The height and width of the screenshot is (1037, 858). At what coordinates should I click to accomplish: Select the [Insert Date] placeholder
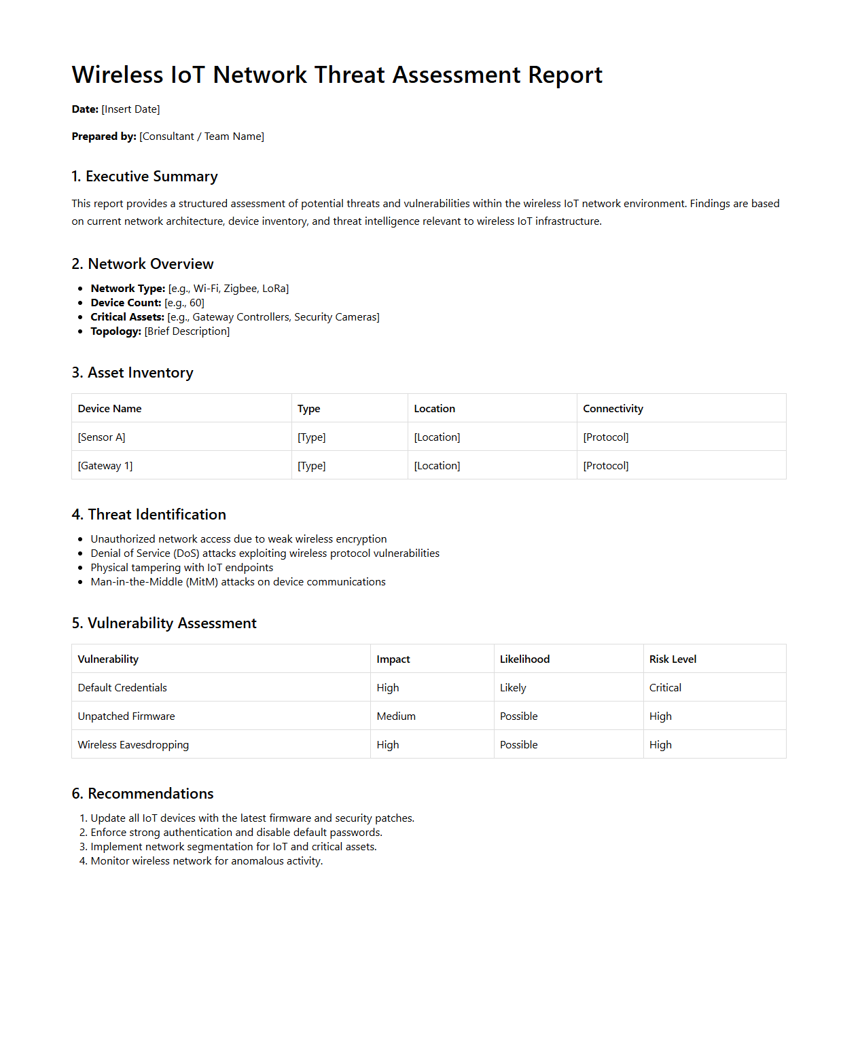pos(130,109)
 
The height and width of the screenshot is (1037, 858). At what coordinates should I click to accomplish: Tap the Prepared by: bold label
pos(104,137)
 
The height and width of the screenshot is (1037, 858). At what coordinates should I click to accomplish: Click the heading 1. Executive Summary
pos(145,177)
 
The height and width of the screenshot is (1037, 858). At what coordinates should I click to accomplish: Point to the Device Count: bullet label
pos(126,303)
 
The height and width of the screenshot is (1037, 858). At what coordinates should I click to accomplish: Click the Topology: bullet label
pos(115,331)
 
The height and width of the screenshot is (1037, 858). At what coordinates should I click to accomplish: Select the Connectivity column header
pos(613,409)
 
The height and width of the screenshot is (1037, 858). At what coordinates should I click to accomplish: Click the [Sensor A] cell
pos(102,437)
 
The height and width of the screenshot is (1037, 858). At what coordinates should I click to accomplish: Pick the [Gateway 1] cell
pos(105,466)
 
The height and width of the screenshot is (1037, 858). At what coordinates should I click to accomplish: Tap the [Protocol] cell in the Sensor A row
pos(606,437)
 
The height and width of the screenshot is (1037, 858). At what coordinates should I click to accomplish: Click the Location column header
pos(435,409)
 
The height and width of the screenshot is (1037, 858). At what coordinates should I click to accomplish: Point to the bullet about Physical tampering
pos(182,568)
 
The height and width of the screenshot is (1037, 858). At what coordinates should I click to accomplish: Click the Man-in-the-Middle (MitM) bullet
pos(238,582)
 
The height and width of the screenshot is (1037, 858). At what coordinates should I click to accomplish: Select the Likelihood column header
pos(524,659)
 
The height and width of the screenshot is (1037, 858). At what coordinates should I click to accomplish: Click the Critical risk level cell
pos(665,688)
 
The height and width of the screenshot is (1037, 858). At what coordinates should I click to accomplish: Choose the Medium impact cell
pos(396,716)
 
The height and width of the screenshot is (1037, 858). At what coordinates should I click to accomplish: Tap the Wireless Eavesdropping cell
pos(133,745)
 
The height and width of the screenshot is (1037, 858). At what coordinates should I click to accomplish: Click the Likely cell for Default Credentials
pos(513,688)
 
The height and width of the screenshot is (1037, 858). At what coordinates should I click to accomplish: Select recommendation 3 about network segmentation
pos(234,847)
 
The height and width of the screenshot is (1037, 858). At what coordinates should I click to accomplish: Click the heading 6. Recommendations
pos(143,794)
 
